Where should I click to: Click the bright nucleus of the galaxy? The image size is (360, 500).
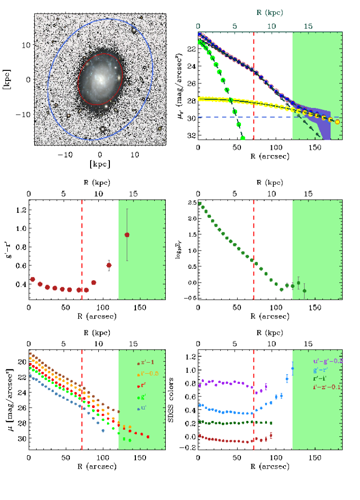pyautogui.click(x=101, y=79)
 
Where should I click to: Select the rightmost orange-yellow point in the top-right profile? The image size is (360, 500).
pyautogui.click(x=337, y=122)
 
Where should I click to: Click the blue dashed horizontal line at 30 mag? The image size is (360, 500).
pyautogui.click(x=241, y=117)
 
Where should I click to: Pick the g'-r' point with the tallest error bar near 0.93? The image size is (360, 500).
pyautogui.click(x=127, y=235)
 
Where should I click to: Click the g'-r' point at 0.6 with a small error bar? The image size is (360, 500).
pyautogui.click(x=109, y=265)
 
